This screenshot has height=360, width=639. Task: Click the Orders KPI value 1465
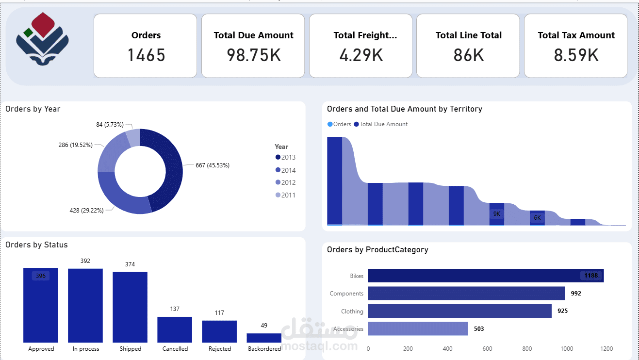pos(146,55)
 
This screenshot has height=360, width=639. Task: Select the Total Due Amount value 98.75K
pos(253,55)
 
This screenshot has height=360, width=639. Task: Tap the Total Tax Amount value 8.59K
pos(576,55)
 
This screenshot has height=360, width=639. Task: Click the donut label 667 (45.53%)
pos(213,165)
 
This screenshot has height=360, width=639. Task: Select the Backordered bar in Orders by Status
pos(264,338)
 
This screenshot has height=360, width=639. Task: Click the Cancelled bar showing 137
pos(175,329)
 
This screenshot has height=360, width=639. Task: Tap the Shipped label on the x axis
pos(130,349)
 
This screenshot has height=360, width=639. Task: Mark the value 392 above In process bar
pos(85,261)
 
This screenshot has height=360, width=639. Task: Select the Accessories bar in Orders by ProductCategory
pos(418,329)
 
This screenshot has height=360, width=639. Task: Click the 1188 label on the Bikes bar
pos(591,276)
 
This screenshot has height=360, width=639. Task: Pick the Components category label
pos(346,294)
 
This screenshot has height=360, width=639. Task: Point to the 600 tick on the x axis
pos(487,349)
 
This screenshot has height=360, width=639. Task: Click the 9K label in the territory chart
pos(497,214)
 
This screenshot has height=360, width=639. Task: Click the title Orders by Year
pos(33,109)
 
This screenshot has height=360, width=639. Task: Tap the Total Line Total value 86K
pos(468,55)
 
